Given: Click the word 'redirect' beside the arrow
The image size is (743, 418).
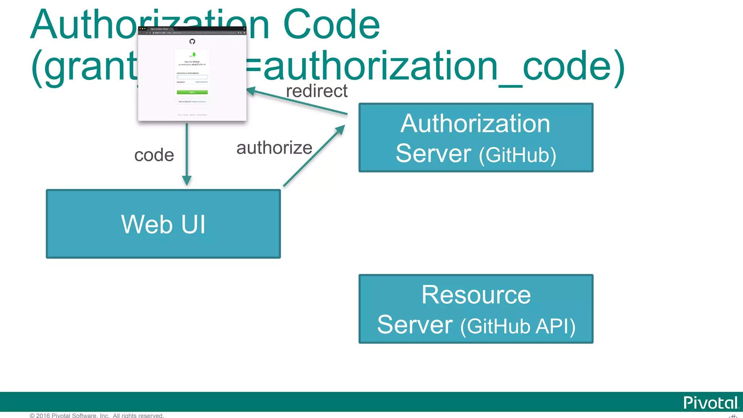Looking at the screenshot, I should click(317, 91).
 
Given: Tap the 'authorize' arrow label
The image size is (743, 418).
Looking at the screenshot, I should click(274, 148).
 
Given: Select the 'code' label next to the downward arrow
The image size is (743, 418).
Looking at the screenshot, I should click(154, 155).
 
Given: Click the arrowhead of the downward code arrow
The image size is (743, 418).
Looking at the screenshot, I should click(187, 180).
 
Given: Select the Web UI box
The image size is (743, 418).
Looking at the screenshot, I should click(163, 224).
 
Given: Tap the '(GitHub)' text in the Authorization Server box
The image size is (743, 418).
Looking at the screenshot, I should click(517, 155).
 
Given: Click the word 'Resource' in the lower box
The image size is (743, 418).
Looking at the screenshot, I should click(476, 295).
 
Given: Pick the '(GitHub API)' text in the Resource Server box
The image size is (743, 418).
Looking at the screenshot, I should click(518, 326).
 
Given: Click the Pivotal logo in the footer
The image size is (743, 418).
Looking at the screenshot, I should click(710, 403).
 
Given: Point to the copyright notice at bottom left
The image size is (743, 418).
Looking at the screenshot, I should click(97, 415).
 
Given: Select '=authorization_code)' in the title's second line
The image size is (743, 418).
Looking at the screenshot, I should click(435, 66).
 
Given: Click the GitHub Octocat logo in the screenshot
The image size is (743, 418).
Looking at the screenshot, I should click(192, 41).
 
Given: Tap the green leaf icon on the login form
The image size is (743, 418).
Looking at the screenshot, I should click(194, 54).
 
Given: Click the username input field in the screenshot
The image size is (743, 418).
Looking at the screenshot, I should click(192, 77).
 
